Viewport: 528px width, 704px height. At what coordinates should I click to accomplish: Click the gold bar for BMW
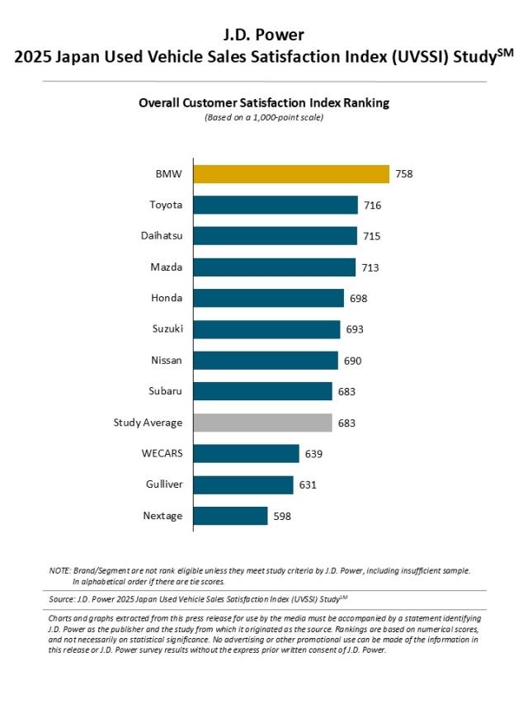click(x=290, y=174)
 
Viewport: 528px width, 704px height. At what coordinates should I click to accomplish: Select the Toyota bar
click(x=275, y=206)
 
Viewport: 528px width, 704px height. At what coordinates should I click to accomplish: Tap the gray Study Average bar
click(x=262, y=423)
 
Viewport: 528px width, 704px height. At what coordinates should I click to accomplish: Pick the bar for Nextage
click(x=230, y=517)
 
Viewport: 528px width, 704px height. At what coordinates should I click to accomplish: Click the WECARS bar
click(x=246, y=454)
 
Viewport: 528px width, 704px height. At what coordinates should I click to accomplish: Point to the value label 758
click(x=403, y=174)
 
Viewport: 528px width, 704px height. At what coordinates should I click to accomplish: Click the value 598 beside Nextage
click(x=282, y=517)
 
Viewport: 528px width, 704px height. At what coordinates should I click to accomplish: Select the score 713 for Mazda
click(x=370, y=267)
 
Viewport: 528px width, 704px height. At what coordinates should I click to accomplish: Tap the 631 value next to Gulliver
click(x=307, y=485)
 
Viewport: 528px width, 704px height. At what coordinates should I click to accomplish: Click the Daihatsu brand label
click(x=162, y=236)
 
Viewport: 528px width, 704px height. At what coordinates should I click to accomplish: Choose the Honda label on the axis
click(x=167, y=298)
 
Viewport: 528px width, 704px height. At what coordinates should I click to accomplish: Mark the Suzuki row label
click(x=167, y=329)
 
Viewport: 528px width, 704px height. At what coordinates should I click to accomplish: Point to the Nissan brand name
click(x=167, y=361)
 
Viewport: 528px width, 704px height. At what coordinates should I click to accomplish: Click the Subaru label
click(x=167, y=391)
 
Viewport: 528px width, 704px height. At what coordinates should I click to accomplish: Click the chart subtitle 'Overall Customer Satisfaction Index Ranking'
click(x=264, y=103)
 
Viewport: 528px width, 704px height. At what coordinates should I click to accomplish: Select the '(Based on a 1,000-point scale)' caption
click(x=264, y=117)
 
